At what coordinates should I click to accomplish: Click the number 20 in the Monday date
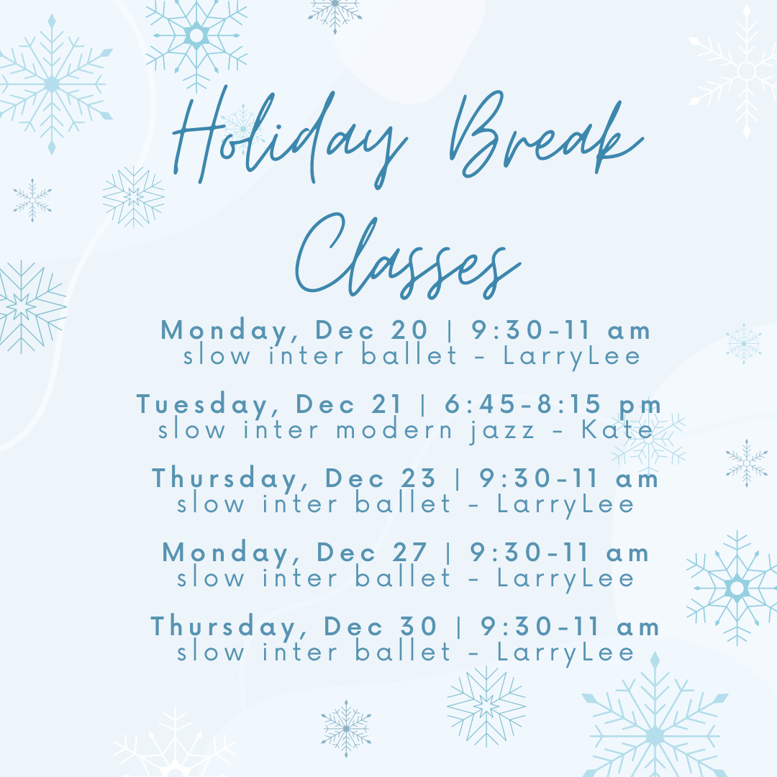[x=409, y=330]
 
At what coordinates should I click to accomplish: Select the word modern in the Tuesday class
[x=394, y=429]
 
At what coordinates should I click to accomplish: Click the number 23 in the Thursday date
[x=418, y=478]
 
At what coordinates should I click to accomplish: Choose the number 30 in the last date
[x=418, y=627]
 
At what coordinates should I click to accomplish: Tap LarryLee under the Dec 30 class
[x=565, y=652]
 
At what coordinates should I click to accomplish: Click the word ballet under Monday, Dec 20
[x=409, y=355]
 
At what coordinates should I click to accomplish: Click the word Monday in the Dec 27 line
[x=226, y=553]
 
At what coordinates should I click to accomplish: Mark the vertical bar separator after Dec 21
[x=423, y=404]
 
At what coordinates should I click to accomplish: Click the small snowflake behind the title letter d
[x=242, y=128]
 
